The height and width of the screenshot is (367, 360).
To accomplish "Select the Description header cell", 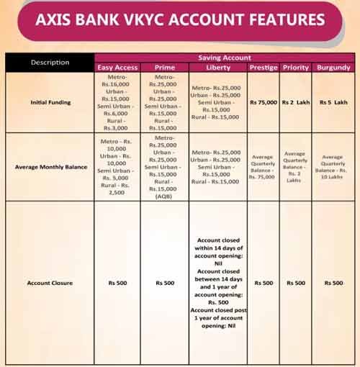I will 50,62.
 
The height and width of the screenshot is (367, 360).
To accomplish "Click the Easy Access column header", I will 117,67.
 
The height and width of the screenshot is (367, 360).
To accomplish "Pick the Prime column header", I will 164,67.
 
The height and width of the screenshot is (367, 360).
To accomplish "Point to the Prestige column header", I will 264,67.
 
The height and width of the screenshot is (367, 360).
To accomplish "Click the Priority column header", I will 295,67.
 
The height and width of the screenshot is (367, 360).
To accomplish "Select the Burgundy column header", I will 333,67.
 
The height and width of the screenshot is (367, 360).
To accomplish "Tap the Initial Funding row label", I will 50,102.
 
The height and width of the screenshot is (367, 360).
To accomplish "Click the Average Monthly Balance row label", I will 50,167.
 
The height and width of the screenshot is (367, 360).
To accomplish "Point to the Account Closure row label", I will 50,283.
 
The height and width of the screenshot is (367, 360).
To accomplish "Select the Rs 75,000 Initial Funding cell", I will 264,102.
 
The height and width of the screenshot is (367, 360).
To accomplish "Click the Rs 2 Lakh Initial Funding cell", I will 295,102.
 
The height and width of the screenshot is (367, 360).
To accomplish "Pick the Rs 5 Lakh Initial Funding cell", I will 333,102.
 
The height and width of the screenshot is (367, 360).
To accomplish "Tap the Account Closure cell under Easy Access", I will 117,283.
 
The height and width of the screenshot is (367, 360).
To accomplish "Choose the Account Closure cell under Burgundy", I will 333,283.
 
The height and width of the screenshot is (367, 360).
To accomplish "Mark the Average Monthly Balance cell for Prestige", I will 264,167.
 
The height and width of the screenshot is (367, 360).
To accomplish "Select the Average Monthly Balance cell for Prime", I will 164,167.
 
